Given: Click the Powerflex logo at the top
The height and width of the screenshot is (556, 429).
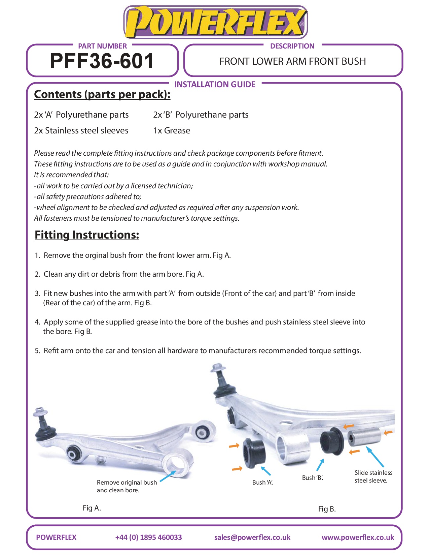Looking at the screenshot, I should (215, 22).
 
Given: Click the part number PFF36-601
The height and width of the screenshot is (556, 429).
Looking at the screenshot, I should (102, 61).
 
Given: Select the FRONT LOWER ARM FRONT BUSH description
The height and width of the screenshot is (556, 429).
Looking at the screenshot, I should (292, 61).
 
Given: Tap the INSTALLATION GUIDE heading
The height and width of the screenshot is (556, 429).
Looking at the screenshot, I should (215, 84).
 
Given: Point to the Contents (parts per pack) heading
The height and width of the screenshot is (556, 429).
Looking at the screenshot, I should (102, 94).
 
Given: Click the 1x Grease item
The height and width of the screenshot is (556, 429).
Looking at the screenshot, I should (172, 131).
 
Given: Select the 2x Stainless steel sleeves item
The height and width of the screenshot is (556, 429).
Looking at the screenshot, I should (81, 131).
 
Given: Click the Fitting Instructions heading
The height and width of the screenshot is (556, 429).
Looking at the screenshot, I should (87, 235).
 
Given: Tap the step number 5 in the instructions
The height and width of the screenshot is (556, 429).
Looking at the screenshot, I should (37, 351).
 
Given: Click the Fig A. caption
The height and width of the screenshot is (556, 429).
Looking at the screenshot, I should (92, 508).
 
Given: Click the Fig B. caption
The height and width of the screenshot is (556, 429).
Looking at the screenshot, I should (327, 509).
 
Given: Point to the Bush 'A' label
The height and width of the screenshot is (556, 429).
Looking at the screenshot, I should (262, 483).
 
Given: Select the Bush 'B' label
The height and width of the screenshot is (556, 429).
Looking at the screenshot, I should (312, 478).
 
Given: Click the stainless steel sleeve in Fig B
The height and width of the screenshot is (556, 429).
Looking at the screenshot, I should (364, 436).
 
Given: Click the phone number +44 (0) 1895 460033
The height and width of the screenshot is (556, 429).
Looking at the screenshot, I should (148, 537).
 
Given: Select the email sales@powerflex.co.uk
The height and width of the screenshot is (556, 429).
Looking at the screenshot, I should (252, 537).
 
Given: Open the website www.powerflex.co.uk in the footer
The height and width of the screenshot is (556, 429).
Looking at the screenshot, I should (358, 537).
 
